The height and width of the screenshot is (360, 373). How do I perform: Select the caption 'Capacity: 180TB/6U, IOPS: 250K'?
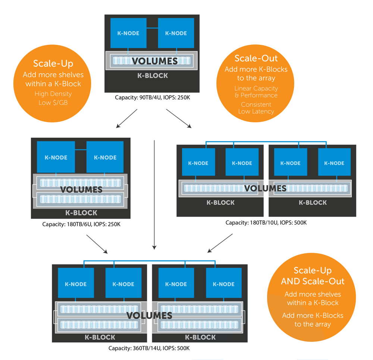(81, 225)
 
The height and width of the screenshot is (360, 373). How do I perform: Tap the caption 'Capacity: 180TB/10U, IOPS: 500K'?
(266, 223)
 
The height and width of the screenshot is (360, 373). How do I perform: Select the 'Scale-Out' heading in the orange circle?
(256, 59)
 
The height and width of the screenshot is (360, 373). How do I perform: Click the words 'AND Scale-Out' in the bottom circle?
(313, 282)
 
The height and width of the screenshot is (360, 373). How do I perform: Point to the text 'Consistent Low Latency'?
(256, 108)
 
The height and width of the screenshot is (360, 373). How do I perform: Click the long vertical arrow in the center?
(154, 194)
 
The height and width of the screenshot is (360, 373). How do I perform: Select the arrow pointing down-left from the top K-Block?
(127, 118)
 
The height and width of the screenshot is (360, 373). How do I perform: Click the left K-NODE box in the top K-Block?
(128, 33)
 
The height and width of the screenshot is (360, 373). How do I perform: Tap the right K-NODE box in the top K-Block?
(176, 33)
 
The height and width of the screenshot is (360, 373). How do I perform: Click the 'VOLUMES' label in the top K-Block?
(154, 61)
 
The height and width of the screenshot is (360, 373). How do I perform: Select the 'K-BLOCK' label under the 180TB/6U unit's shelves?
(81, 213)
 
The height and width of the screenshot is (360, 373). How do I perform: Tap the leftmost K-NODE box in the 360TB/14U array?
(75, 284)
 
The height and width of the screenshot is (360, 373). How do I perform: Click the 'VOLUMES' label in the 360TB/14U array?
(149, 315)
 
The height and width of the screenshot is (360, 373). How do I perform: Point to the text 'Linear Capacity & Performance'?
(256, 91)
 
